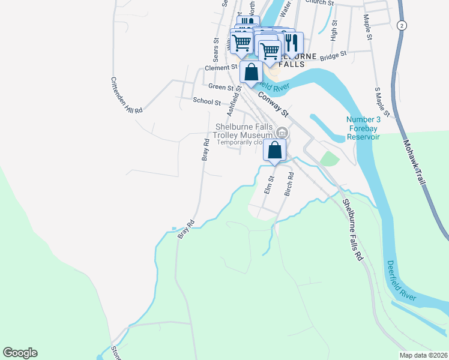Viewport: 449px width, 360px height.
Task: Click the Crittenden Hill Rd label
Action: pos(126,95)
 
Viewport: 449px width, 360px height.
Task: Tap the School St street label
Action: pos(206,101)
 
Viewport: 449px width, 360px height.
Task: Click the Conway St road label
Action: pos(273,103)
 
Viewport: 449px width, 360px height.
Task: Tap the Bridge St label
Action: pos(334,55)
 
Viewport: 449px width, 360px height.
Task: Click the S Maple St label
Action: pos(382,101)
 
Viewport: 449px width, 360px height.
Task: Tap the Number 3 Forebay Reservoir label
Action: pos(363,128)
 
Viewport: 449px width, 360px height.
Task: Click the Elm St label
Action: pos(270,184)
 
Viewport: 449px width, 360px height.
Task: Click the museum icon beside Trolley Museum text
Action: pos(282,131)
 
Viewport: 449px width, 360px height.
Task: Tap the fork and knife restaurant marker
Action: pos(292,41)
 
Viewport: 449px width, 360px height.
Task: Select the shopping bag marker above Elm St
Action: pos(275,151)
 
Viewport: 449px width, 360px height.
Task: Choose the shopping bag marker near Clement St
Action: pos(252,71)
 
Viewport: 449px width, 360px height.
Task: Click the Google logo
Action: pos(20,353)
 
